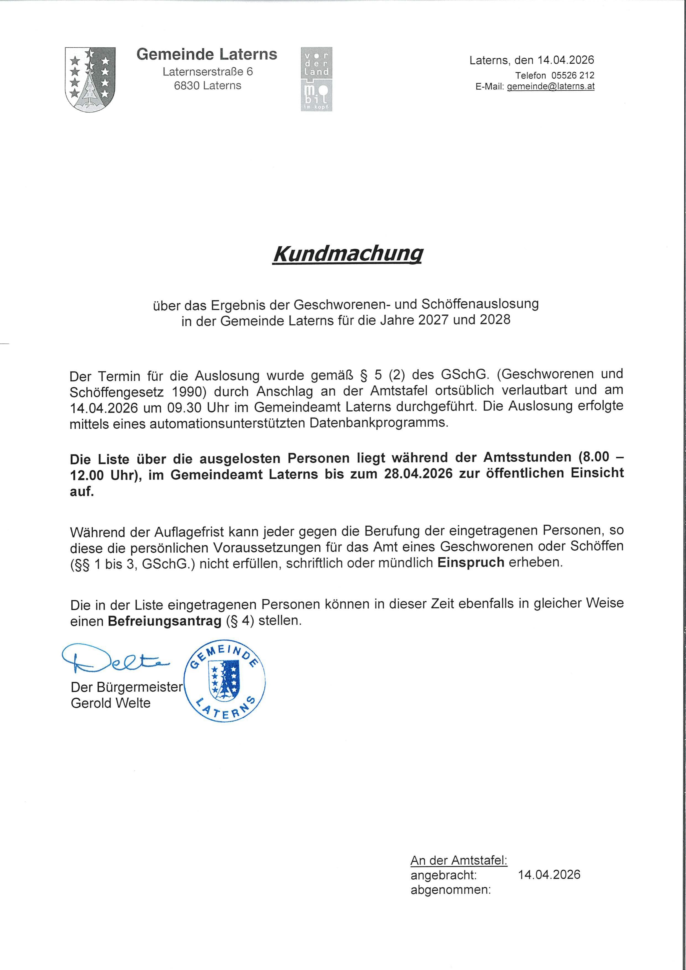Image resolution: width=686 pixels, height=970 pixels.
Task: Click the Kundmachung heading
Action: click(347, 254)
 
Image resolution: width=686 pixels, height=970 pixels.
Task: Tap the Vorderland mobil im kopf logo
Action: click(316, 79)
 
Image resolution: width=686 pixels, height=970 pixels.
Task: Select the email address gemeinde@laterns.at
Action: click(551, 87)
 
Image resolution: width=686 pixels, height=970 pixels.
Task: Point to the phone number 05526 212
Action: click(573, 75)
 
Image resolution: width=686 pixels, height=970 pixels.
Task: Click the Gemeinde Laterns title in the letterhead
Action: click(207, 54)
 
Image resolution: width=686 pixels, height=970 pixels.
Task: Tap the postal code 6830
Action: click(186, 86)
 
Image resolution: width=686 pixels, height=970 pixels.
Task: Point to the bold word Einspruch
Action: click(471, 563)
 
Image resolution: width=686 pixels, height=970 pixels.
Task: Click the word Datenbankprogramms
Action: click(379, 423)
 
